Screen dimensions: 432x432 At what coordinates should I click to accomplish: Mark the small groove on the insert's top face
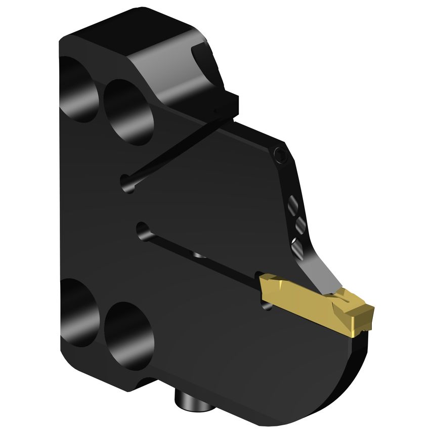coord(349,298)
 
